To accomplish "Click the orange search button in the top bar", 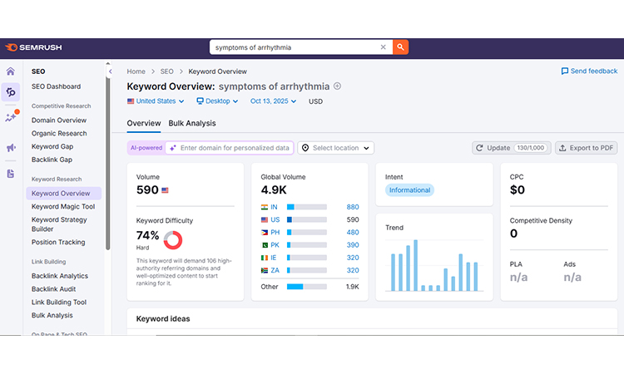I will [x=401, y=47].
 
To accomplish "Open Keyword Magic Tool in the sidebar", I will [x=63, y=207].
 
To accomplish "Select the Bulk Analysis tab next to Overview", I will [x=192, y=123].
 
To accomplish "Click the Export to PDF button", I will [x=587, y=148].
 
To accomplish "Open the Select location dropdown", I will [x=336, y=148].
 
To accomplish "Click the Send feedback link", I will [x=589, y=71].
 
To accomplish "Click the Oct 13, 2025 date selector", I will [x=275, y=101].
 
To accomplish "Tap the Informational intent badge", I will [x=409, y=190].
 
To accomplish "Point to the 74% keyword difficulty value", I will [x=147, y=235].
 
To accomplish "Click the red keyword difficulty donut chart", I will [x=173, y=240].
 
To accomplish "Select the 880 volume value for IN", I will [x=353, y=207].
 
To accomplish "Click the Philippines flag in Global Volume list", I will [x=264, y=232].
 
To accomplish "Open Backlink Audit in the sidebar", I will [x=55, y=289].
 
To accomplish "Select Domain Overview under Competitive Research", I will [x=59, y=121].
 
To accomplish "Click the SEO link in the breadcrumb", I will [x=167, y=71].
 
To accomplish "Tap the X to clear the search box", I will [x=384, y=47].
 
